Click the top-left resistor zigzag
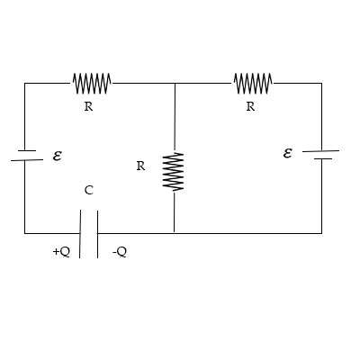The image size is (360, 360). pyautogui.click(x=91, y=84)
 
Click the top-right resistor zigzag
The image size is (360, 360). pyautogui.click(x=253, y=84)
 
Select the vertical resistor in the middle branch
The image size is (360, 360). pyautogui.click(x=174, y=171)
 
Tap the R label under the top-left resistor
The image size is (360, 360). pyautogui.click(x=87, y=106)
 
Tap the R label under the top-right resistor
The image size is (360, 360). pyautogui.click(x=249, y=106)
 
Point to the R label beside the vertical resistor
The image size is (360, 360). pyautogui.click(x=140, y=166)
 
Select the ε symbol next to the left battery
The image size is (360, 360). pyautogui.click(x=57, y=155)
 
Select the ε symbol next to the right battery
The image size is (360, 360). pyautogui.click(x=287, y=153)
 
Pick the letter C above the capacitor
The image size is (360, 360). pyautogui.click(x=88, y=191)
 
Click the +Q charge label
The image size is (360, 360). pyautogui.click(x=60, y=252)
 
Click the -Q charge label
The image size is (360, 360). pyautogui.click(x=119, y=252)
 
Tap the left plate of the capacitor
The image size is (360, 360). pyautogui.click(x=80, y=233)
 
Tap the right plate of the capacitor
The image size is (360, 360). pyautogui.click(x=97, y=233)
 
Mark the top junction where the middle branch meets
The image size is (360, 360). pyautogui.click(x=174, y=84)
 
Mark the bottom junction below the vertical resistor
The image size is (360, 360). pyautogui.click(x=174, y=233)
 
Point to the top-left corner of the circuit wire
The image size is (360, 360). pyautogui.click(x=25, y=84)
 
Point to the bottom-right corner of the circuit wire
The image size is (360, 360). pyautogui.click(x=321, y=233)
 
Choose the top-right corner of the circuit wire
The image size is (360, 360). pyautogui.click(x=321, y=84)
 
